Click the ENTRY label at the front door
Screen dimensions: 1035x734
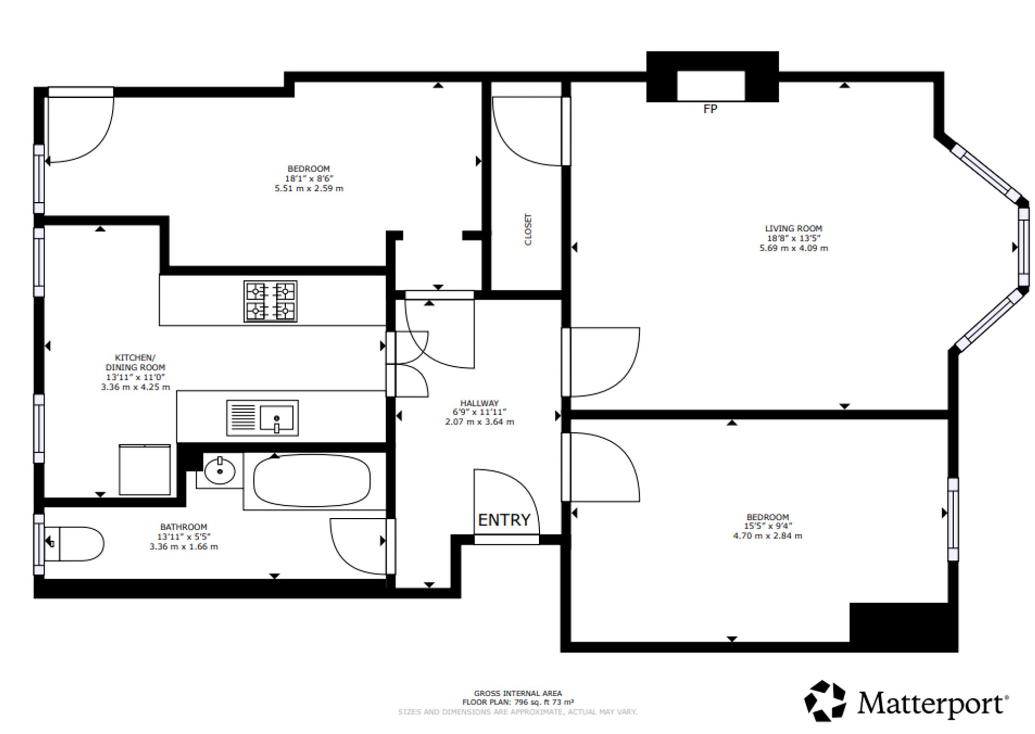point(504,520)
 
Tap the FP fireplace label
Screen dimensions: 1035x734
point(710,109)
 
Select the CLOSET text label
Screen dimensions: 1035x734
point(528,229)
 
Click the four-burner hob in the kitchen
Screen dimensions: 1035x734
point(270,301)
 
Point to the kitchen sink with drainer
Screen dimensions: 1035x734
point(262,417)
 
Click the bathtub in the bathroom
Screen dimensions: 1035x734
point(312,481)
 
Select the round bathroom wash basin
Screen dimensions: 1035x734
point(220,471)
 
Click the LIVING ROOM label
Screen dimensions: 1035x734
point(793,228)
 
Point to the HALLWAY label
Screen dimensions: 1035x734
point(479,403)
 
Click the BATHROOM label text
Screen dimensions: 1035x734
point(183,527)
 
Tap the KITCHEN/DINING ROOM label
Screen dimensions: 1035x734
point(135,362)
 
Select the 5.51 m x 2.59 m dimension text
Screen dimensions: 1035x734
point(309,188)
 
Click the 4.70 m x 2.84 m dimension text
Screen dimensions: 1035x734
point(767,536)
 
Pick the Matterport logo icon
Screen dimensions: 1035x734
point(825,701)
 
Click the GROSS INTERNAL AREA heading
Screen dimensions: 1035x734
point(517,693)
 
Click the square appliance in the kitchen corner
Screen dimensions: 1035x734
point(144,470)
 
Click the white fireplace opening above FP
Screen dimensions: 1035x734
point(711,86)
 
